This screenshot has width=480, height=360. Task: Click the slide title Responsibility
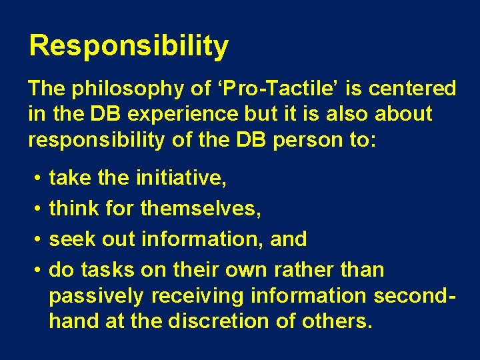pyautogui.click(x=129, y=47)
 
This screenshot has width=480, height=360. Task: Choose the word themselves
pyautogui.click(x=201, y=208)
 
